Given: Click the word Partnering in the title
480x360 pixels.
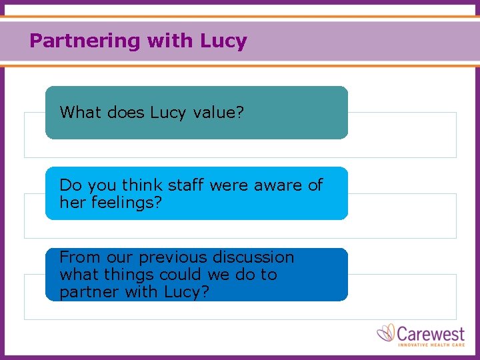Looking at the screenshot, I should point(85,41).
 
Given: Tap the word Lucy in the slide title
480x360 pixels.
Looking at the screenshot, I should point(223,41).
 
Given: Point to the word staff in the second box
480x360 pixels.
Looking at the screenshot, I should point(182,185).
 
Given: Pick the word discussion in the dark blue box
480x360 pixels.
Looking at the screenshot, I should point(253,257).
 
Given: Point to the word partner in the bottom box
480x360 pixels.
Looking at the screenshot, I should point(86,292).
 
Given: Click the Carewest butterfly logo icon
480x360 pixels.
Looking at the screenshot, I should point(386,333).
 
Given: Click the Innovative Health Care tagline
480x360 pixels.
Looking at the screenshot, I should point(430,344).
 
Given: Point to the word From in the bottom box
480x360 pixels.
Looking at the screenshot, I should point(77,257).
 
